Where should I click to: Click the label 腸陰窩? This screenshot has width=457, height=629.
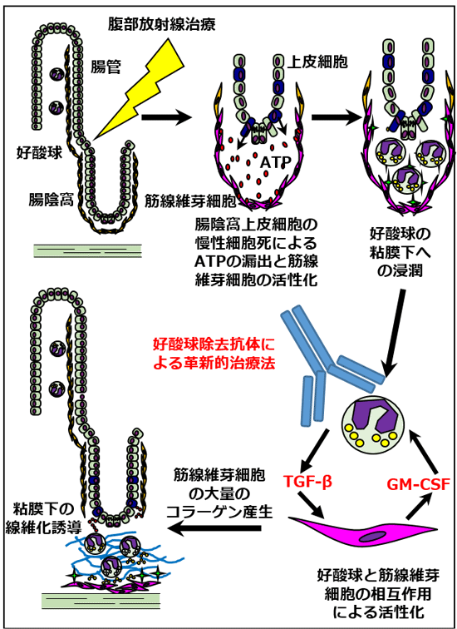click(51, 199)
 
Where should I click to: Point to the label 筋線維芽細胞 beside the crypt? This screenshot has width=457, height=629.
click(185, 199)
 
